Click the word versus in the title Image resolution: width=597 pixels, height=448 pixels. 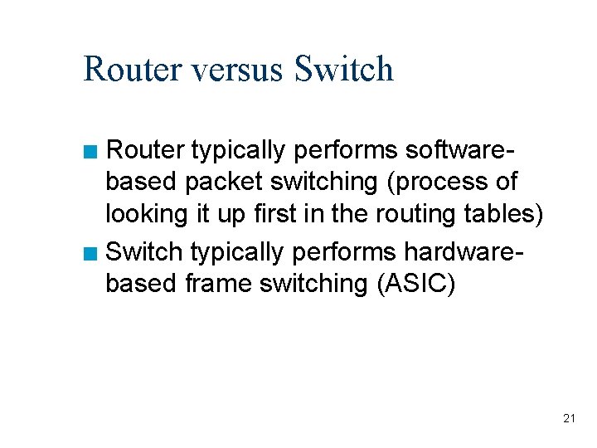point(240,69)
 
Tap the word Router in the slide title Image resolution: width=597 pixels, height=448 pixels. point(133,69)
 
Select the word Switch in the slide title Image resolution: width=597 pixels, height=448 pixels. point(343,69)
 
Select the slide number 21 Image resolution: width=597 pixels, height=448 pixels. point(569,418)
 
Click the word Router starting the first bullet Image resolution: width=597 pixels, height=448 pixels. point(145,150)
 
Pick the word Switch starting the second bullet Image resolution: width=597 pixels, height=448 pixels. point(145,250)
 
